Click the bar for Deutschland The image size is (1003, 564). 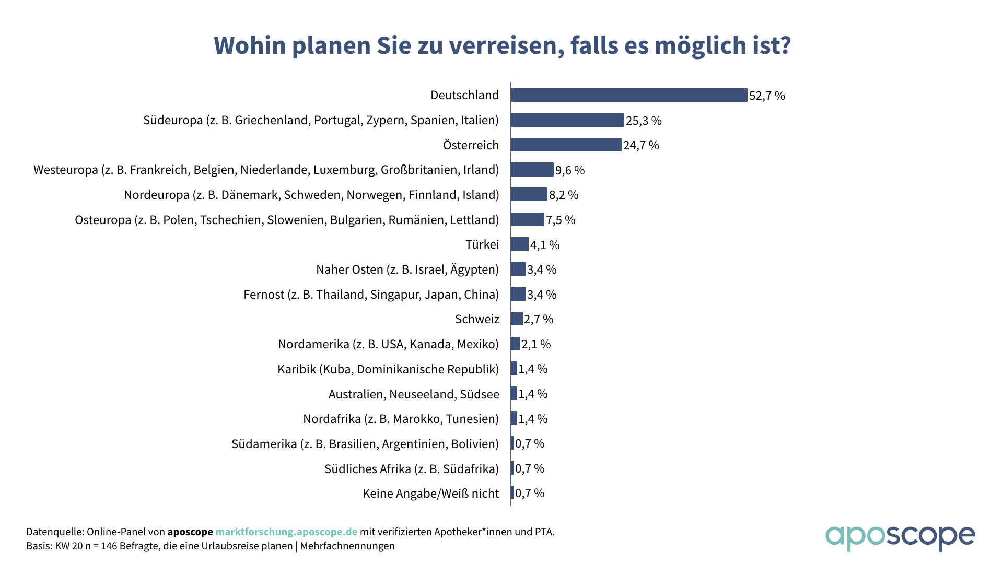(629, 95)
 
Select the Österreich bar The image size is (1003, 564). (566, 145)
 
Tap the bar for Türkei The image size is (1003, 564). (520, 244)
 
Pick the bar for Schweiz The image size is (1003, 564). (517, 319)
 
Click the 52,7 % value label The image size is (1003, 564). (767, 96)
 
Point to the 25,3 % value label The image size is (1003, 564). (644, 121)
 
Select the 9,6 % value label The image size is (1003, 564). (570, 170)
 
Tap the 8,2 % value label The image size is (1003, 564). (564, 195)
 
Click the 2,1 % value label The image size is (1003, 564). (536, 344)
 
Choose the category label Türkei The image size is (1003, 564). (482, 244)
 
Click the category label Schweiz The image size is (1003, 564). (477, 319)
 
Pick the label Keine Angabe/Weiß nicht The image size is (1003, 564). (430, 494)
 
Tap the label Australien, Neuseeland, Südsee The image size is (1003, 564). (414, 394)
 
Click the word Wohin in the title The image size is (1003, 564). (250, 45)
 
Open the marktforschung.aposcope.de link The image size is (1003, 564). (286, 532)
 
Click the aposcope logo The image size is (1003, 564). (900, 537)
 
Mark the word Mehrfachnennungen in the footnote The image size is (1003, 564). (347, 546)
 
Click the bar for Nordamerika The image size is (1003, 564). (516, 344)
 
